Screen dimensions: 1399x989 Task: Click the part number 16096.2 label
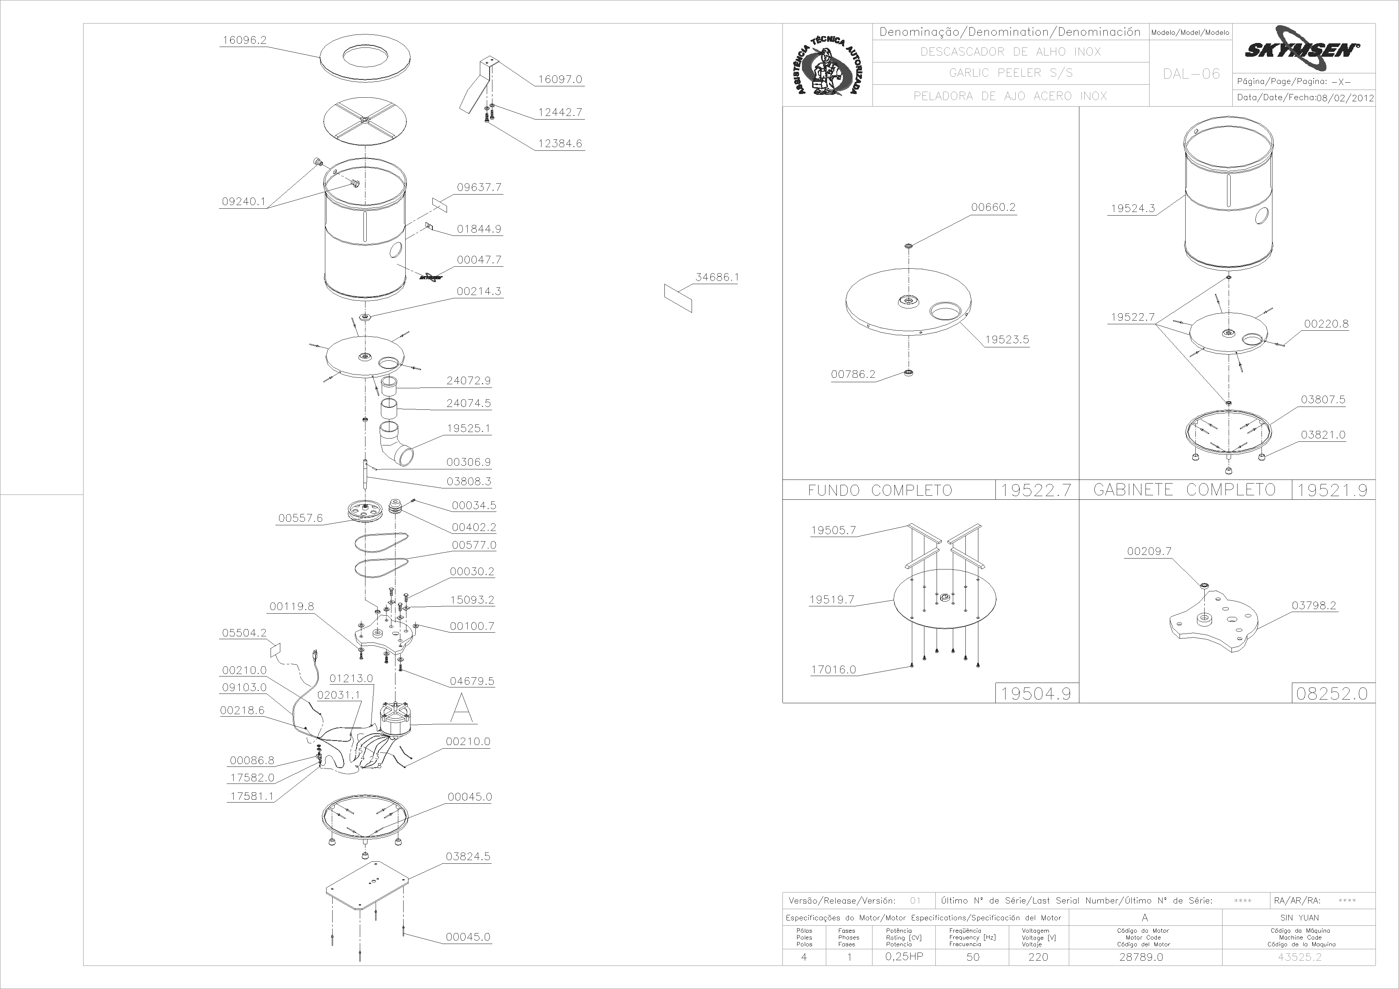tap(244, 40)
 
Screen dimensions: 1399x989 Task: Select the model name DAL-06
tap(1191, 74)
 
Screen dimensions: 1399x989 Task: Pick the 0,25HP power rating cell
tap(904, 957)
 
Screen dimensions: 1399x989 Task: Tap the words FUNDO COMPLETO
tap(880, 490)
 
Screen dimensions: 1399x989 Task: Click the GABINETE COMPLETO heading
tap(1184, 490)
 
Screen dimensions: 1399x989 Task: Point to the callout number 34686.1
tap(717, 277)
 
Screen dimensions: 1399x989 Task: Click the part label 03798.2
tap(1314, 605)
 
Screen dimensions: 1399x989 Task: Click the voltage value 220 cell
tap(1038, 957)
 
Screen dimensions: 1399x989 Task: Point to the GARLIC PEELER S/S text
tap(1011, 73)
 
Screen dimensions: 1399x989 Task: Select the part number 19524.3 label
tap(1133, 208)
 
